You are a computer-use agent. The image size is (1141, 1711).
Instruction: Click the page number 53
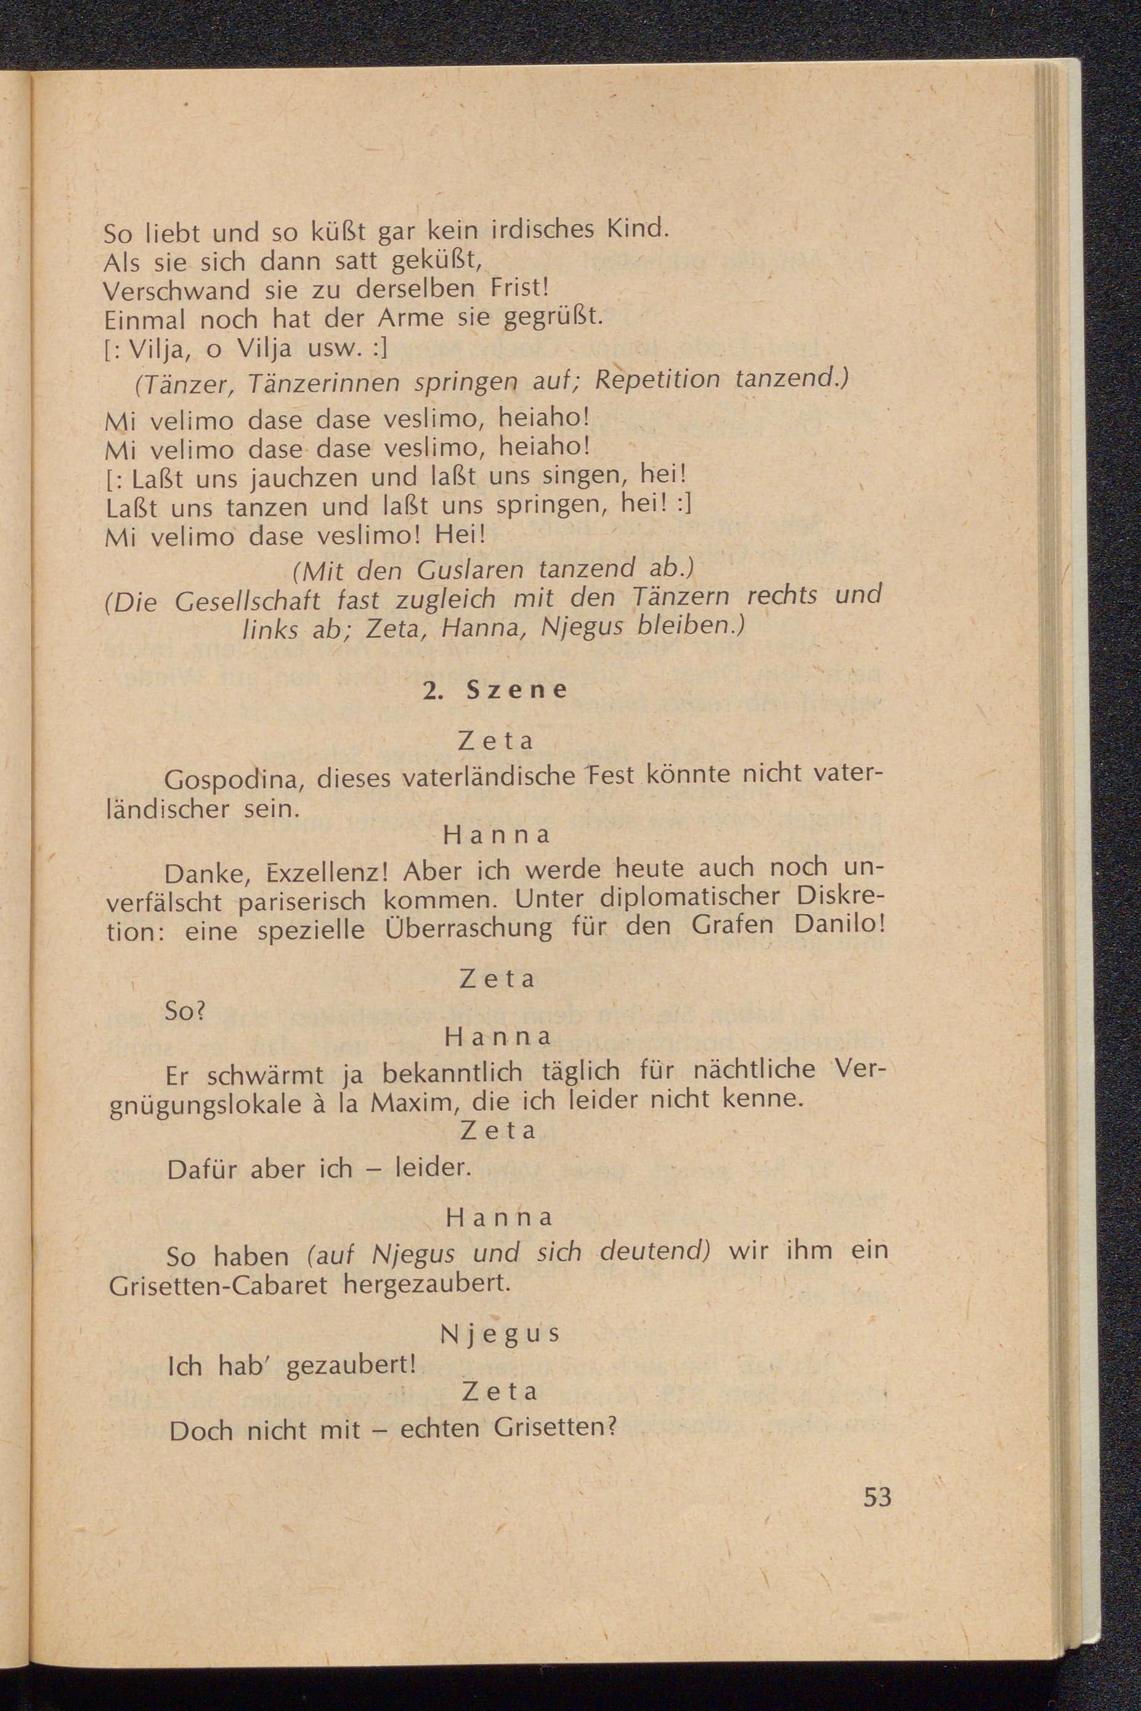coord(877,1497)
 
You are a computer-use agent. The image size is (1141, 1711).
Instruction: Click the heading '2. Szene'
coord(495,690)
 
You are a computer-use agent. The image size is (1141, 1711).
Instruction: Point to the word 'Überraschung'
coord(468,929)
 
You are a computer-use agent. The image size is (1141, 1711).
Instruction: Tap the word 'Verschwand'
coord(178,290)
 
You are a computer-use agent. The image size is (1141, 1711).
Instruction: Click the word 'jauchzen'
coord(306,478)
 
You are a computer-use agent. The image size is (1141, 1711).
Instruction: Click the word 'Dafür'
coord(203,1169)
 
